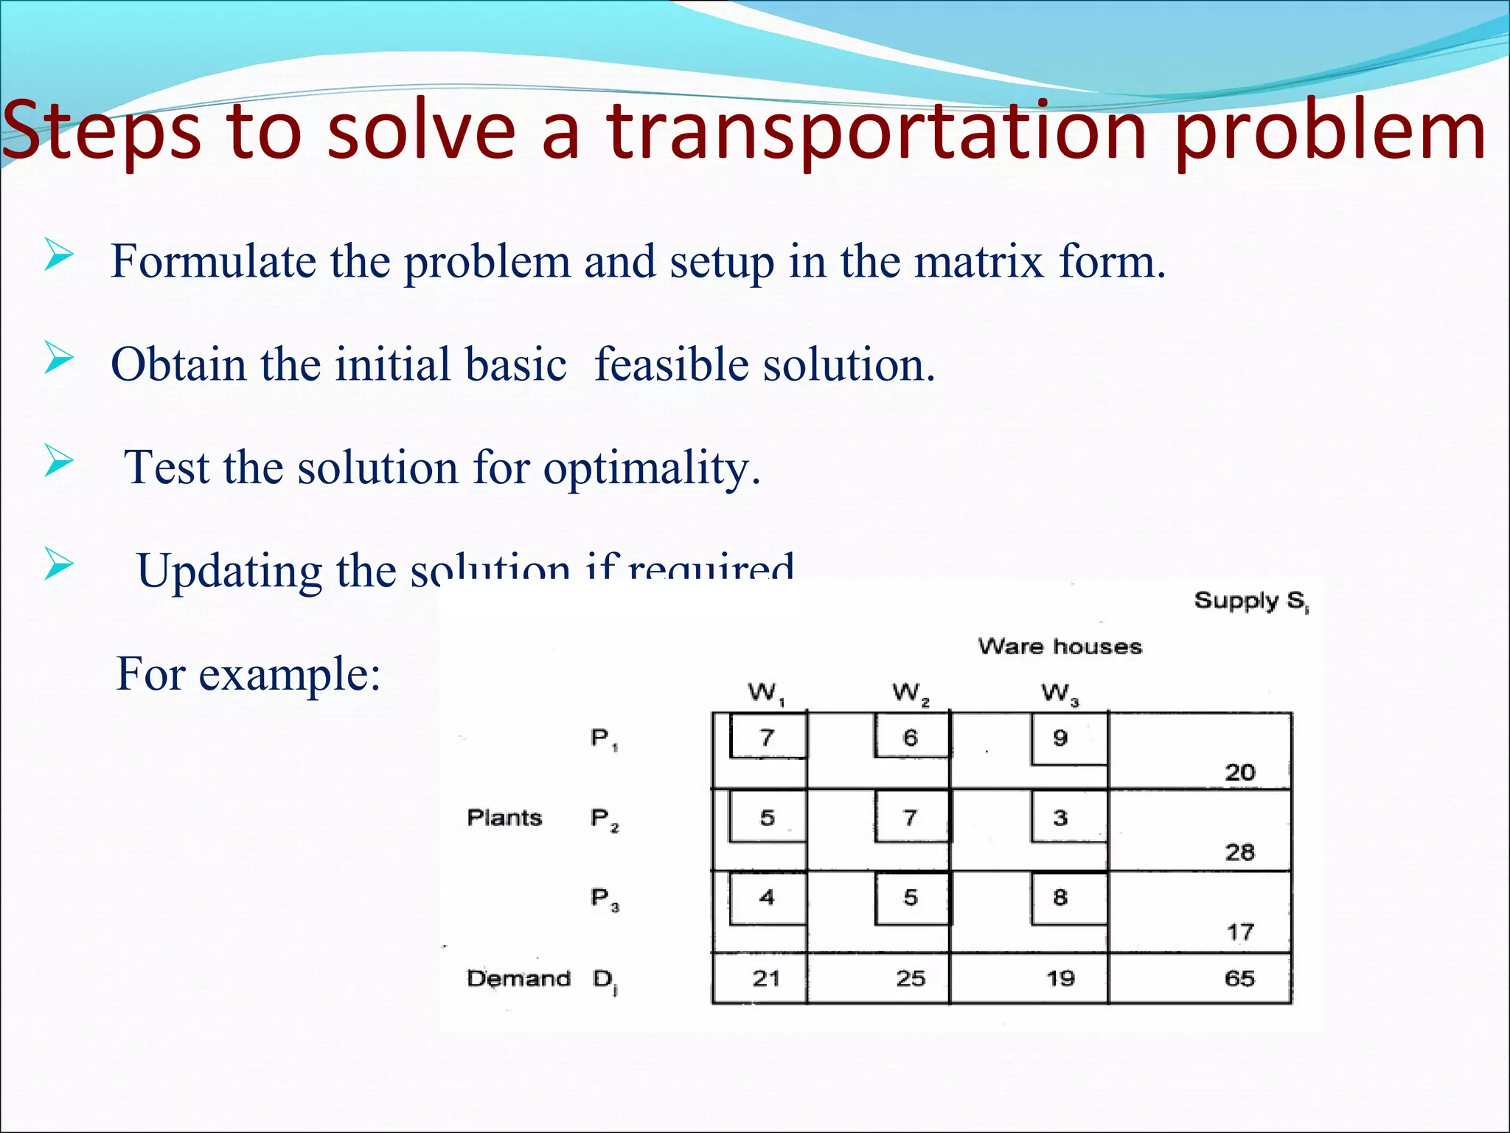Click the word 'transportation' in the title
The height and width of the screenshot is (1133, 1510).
(x=876, y=133)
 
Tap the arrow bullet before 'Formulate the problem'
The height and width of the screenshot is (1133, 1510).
(x=58, y=256)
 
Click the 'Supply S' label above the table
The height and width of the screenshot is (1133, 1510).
(x=1250, y=601)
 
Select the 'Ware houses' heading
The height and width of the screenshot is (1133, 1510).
(x=1060, y=647)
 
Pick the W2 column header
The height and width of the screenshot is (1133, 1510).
(x=911, y=693)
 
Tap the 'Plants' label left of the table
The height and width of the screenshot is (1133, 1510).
(x=504, y=817)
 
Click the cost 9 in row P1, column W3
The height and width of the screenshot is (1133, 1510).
(x=1060, y=738)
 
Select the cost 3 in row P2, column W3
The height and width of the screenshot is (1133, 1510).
(x=1060, y=817)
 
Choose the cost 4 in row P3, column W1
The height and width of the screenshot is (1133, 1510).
(x=767, y=897)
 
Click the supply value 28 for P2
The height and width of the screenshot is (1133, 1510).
(x=1239, y=852)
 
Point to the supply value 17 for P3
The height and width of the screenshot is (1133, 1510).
(x=1239, y=932)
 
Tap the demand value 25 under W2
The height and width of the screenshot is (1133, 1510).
(x=911, y=978)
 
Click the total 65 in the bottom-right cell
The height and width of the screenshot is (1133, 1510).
(x=1239, y=978)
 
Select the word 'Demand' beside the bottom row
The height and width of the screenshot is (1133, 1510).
(x=518, y=978)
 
